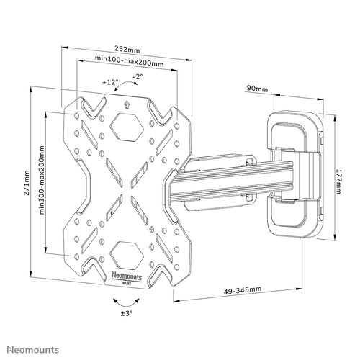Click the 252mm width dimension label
coord(127,49)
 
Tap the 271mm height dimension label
coord(27,183)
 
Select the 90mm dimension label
coord(257,89)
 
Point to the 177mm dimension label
coord(338,181)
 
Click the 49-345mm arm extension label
coord(243,290)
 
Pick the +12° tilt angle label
coord(110,82)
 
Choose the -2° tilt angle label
coord(138,76)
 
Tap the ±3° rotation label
coord(127,313)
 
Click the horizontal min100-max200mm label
coord(130,61)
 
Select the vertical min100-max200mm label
coord(42,180)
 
